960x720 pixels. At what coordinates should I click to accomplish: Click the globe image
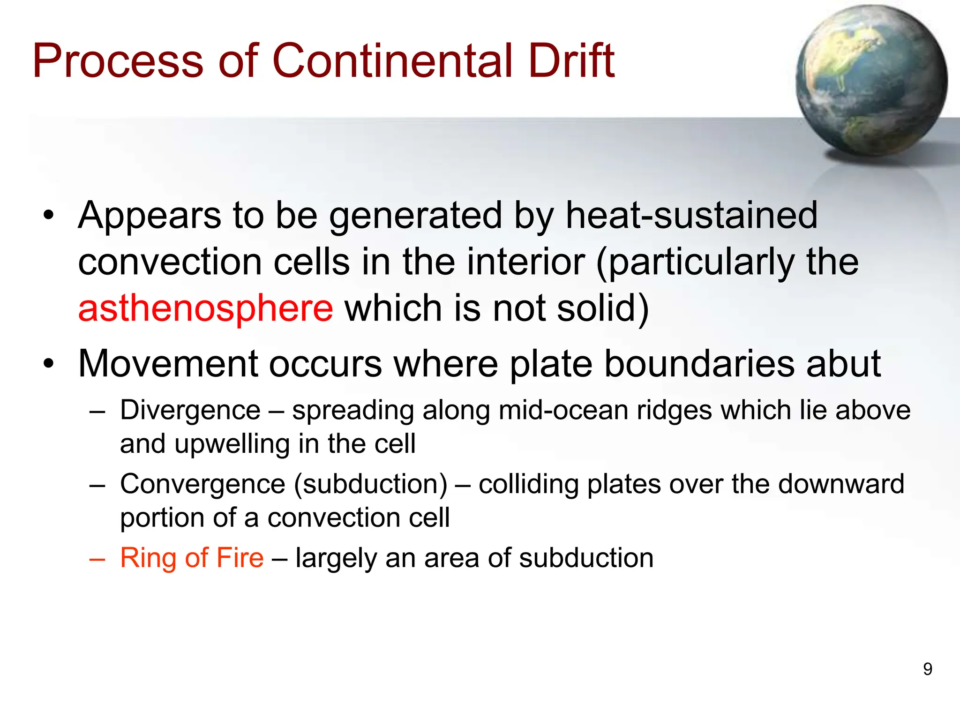[871, 81]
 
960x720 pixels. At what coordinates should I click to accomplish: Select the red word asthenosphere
[205, 309]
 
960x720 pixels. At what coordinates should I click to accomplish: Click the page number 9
[927, 669]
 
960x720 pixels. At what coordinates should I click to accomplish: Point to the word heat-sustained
[691, 216]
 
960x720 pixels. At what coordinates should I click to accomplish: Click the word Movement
[168, 364]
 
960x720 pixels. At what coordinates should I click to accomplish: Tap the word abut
[843, 364]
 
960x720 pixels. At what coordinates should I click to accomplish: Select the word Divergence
[190, 411]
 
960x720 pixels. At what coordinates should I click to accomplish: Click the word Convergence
[202, 484]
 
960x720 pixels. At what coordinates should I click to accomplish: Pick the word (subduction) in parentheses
[371, 485]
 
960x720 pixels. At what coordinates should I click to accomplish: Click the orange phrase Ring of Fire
[192, 558]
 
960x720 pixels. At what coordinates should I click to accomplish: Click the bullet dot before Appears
[48, 216]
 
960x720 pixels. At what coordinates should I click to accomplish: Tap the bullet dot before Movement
[48, 364]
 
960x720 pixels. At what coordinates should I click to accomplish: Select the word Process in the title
[118, 61]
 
